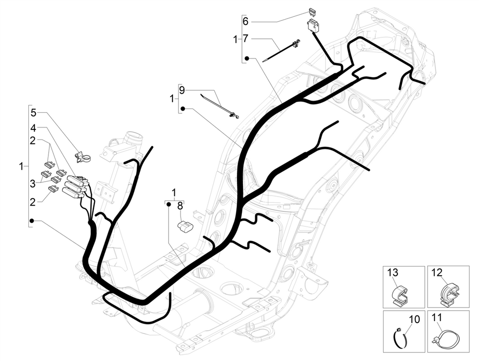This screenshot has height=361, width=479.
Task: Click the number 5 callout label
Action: pyautogui.click(x=33, y=113)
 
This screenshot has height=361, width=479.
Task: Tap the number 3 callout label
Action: pyautogui.click(x=33, y=183)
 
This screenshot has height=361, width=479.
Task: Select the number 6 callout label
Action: pyautogui.click(x=246, y=22)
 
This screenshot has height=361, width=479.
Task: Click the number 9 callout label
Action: pyautogui.click(x=182, y=90)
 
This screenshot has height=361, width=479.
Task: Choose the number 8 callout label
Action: pyautogui.click(x=180, y=206)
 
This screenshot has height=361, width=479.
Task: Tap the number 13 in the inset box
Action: pyautogui.click(x=393, y=273)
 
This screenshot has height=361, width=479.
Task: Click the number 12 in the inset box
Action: pyautogui.click(x=436, y=273)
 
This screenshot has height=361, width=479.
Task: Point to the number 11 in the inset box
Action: pyautogui.click(x=436, y=317)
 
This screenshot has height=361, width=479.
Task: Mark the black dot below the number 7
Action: pyautogui.click(x=246, y=58)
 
